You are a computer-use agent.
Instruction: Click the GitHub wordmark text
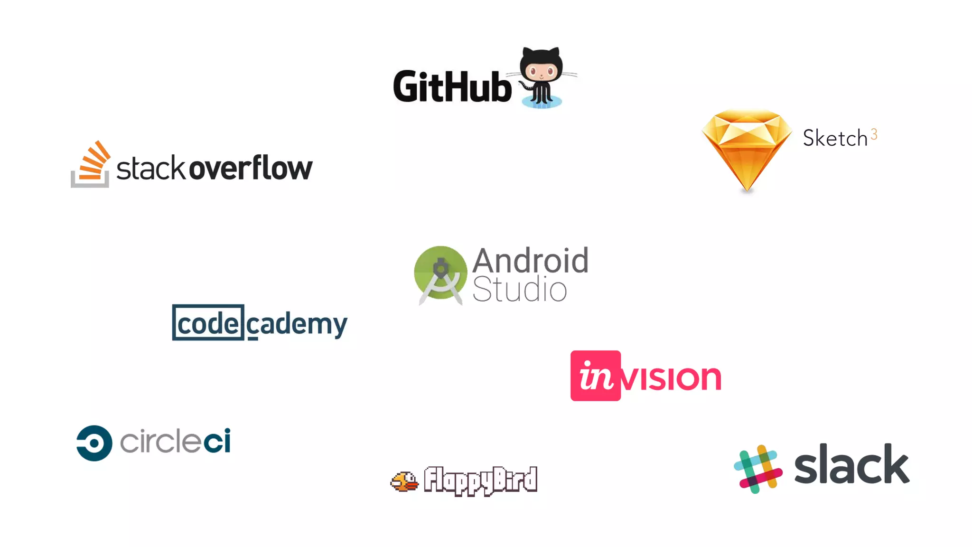pyautogui.click(x=452, y=86)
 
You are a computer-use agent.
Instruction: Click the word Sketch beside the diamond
pyautogui.click(x=835, y=139)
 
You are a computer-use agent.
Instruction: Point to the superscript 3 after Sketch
pyautogui.click(x=874, y=134)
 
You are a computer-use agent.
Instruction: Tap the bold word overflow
pyautogui.click(x=251, y=168)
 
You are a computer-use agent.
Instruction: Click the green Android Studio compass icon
pyautogui.click(x=440, y=274)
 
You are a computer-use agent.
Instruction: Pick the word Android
pyautogui.click(x=530, y=260)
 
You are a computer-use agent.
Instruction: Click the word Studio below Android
pyautogui.click(x=519, y=289)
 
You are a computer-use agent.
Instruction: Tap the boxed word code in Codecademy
pyautogui.click(x=208, y=323)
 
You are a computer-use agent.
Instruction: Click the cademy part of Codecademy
pyautogui.click(x=297, y=325)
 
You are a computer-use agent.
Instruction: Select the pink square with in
pyautogui.click(x=595, y=376)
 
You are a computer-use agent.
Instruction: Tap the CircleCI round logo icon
pyautogui.click(x=94, y=443)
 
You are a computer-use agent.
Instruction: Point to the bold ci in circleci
pyautogui.click(x=217, y=441)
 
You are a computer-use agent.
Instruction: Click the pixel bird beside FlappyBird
pyautogui.click(x=404, y=481)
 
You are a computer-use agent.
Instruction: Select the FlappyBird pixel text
pyautogui.click(x=480, y=480)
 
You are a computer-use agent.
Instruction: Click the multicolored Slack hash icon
pyautogui.click(x=758, y=469)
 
